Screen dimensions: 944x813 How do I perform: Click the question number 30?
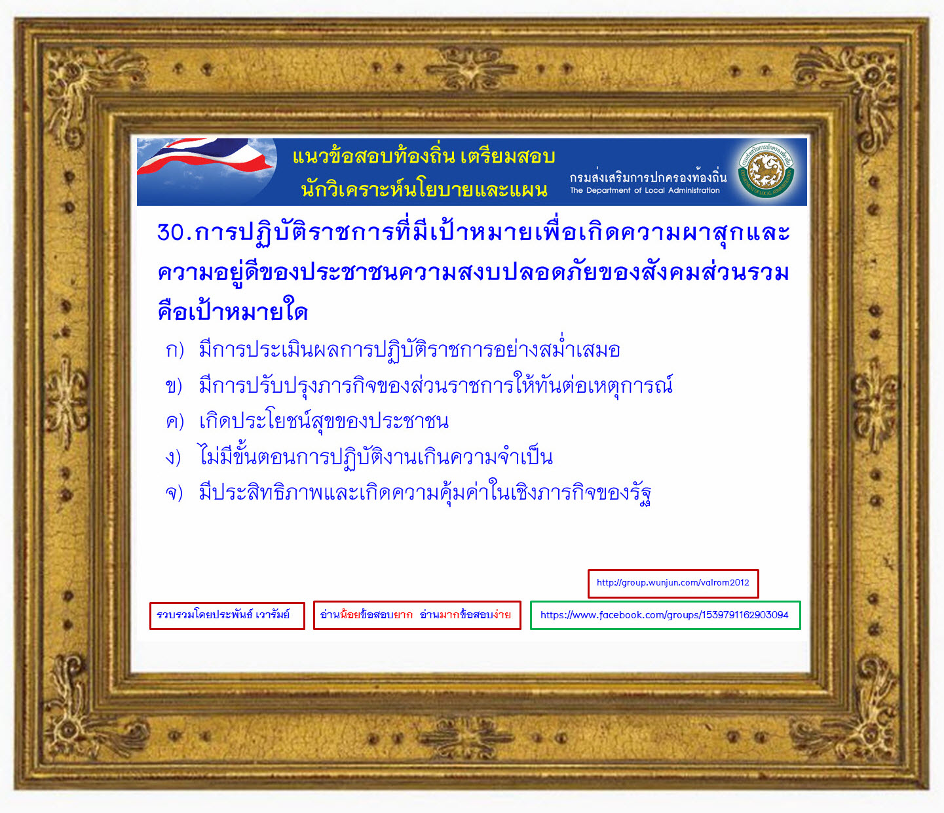point(171,232)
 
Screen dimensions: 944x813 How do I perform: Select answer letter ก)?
point(175,351)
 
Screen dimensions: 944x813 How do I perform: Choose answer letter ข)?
point(174,386)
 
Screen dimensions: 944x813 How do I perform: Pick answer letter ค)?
point(175,422)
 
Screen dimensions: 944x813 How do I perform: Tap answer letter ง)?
point(173,458)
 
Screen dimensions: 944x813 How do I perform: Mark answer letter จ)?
point(174,493)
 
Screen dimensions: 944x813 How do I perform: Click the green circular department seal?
point(766,170)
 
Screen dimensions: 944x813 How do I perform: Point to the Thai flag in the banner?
point(206,157)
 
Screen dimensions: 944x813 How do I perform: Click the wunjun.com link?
point(673,583)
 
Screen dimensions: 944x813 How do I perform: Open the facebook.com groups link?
point(664,615)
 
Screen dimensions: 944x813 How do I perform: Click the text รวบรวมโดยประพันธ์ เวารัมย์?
point(223,614)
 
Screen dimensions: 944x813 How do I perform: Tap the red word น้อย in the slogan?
point(350,614)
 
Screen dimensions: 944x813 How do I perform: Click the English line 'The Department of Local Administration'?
point(645,191)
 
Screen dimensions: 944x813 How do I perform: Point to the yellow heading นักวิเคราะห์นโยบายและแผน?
point(424,190)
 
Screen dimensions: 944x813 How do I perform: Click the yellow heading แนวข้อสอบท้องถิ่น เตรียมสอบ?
point(423,156)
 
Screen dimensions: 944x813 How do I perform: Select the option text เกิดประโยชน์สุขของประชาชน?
point(324,421)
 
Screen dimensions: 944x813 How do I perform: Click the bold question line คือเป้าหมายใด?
point(233,311)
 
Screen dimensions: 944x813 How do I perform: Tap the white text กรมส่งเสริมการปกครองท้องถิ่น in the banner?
point(648,176)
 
